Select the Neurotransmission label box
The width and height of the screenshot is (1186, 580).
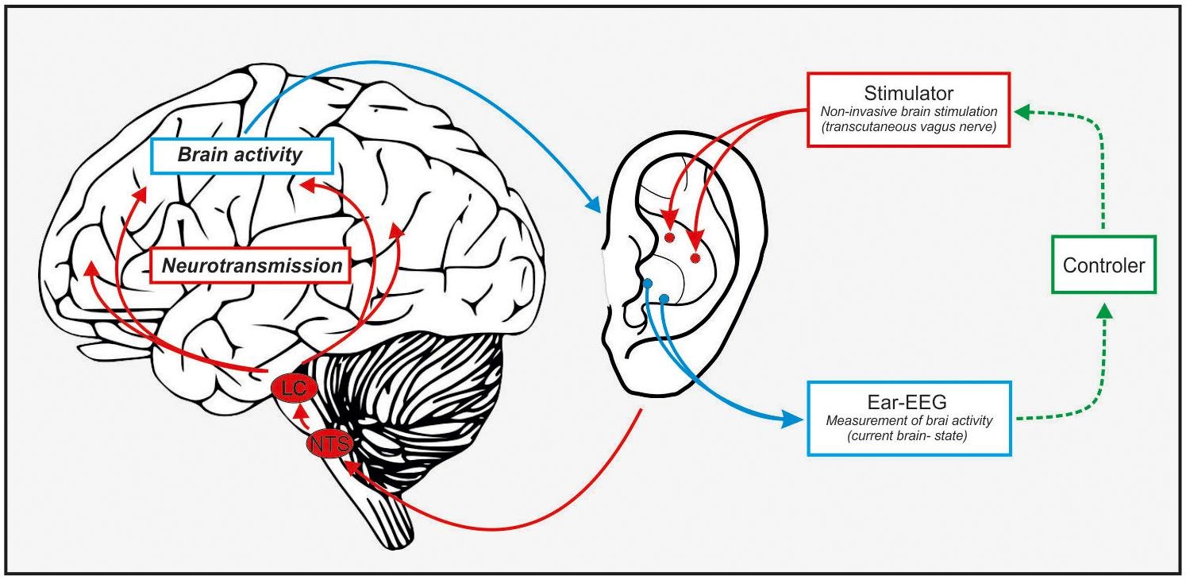click(x=251, y=266)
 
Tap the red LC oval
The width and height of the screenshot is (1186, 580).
click(x=294, y=388)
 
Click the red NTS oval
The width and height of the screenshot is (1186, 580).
click(x=329, y=445)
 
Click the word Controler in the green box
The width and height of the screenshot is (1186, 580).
click(x=1103, y=265)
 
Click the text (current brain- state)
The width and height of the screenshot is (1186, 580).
click(x=909, y=436)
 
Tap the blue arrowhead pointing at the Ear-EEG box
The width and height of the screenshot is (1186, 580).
click(x=795, y=419)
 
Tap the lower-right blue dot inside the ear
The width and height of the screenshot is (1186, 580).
click(x=664, y=299)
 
